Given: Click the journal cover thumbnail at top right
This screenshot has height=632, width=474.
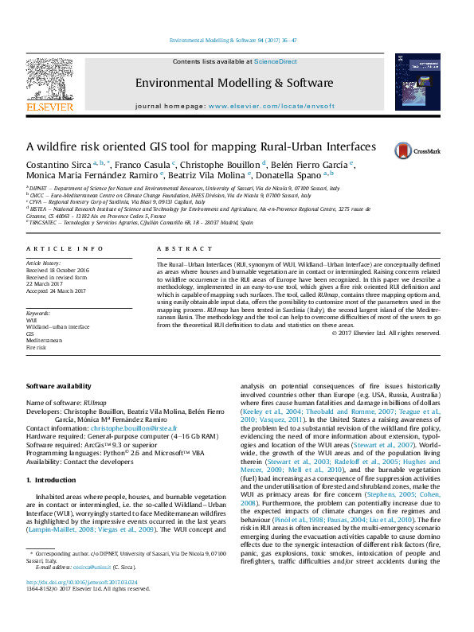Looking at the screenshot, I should pyautogui.click(x=417, y=81).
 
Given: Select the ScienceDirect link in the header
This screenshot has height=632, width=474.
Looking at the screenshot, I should pyautogui.click(x=276, y=61).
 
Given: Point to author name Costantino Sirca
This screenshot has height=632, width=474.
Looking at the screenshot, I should pyautogui.click(x=53, y=165).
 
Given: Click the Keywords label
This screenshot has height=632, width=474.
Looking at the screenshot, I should pyautogui.click(x=38, y=314).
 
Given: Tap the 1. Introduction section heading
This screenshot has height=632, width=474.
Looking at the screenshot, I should pyautogui.click(x=53, y=481).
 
